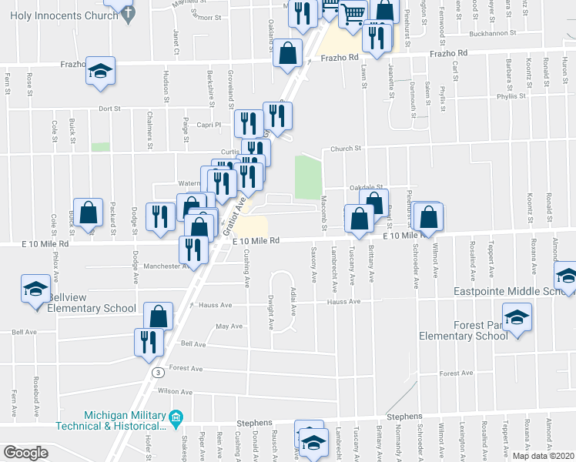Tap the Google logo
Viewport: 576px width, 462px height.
[x=25, y=453]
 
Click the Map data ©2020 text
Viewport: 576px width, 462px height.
[x=543, y=456]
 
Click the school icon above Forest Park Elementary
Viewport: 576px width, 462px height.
[x=517, y=317]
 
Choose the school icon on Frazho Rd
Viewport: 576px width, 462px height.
[x=100, y=71]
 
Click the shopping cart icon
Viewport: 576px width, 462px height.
[x=352, y=12]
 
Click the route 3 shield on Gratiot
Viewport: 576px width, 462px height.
[x=156, y=373]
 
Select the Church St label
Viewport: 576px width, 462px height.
[x=347, y=149]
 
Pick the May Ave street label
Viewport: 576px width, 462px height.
[x=229, y=326]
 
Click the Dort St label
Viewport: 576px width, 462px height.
[x=110, y=109]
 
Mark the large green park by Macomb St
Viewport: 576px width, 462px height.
[x=307, y=176]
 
